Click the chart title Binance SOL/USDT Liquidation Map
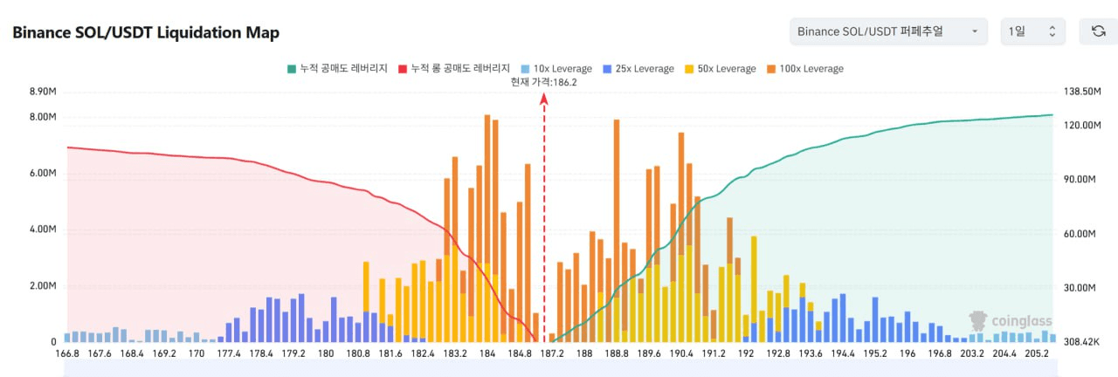coord(146,32)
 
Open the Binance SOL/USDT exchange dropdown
coord(888,31)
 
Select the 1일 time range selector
coord(1032,31)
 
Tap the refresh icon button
coord(1098,31)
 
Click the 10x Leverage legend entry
coord(556,68)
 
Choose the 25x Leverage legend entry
coord(638,68)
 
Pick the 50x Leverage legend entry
coord(720,68)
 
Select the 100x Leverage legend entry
coord(804,68)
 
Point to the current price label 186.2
coord(543,82)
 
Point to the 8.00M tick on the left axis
coord(42,117)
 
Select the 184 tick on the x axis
coord(487,354)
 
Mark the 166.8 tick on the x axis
coord(67,354)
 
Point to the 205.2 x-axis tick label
coord(1037,354)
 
